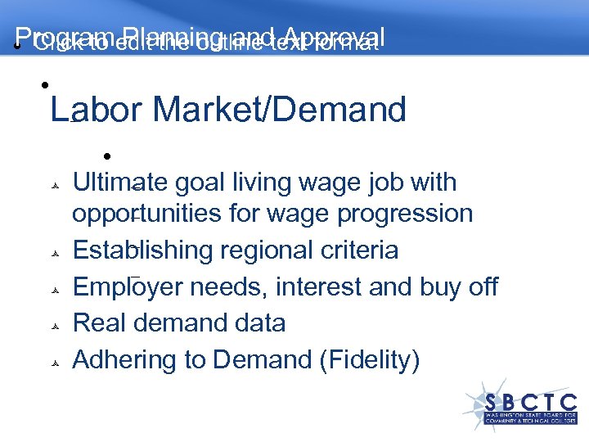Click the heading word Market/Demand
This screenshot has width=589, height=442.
click(x=279, y=109)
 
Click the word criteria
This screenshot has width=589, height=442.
click(x=358, y=250)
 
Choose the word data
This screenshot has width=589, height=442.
click(x=258, y=323)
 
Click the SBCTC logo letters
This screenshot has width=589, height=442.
click(x=531, y=402)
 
